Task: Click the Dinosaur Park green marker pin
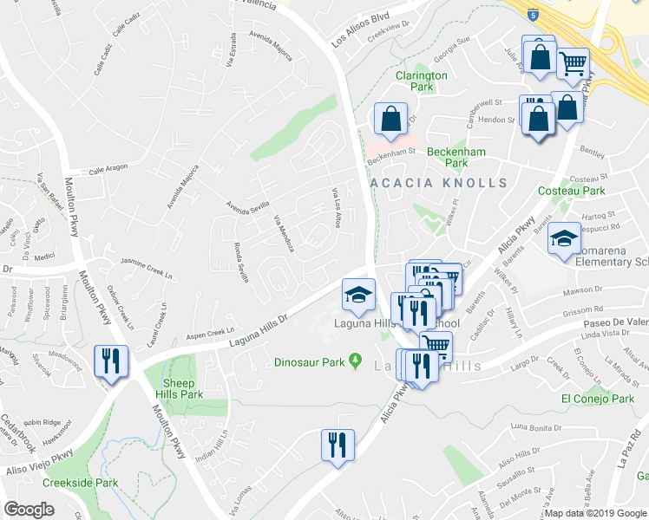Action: click(x=355, y=361)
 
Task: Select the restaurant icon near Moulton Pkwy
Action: click(x=111, y=361)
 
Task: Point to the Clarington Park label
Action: click(x=421, y=81)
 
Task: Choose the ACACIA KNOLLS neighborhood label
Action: click(x=438, y=183)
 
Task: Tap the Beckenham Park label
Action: click(x=456, y=157)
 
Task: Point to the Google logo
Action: click(x=29, y=510)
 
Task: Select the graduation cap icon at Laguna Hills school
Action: click(x=357, y=296)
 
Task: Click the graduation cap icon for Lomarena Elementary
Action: click(x=564, y=238)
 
